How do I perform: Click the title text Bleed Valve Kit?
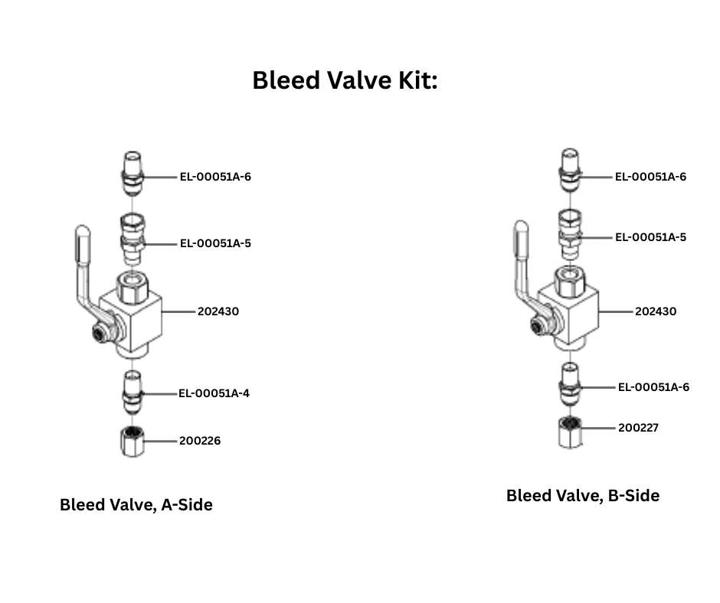(345, 80)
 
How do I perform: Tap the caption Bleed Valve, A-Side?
(136, 505)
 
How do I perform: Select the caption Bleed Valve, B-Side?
(582, 496)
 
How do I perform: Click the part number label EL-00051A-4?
(214, 393)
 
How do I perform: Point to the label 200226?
(200, 441)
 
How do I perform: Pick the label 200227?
(638, 427)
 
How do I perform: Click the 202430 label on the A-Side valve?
(218, 311)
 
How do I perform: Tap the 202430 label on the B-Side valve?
(656, 311)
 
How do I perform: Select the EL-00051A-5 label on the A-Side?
(215, 243)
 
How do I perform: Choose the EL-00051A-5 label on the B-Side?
(650, 237)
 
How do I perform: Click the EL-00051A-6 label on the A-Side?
(215, 177)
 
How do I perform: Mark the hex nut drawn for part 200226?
(133, 442)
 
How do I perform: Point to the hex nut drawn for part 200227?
(569, 432)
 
